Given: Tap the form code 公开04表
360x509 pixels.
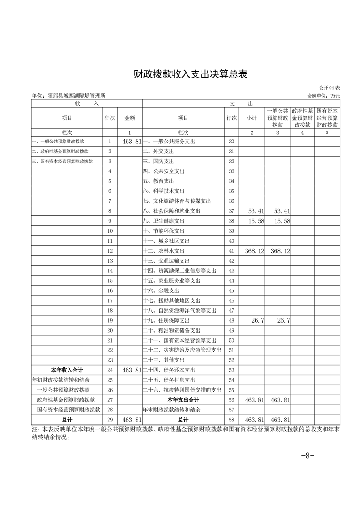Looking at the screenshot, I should (x=330, y=88).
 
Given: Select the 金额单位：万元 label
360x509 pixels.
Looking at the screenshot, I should (x=323, y=96).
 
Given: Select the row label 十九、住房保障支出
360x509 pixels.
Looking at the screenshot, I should (x=167, y=321).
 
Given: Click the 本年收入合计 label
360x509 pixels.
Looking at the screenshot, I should (x=67, y=370).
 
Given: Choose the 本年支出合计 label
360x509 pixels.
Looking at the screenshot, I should (x=183, y=400).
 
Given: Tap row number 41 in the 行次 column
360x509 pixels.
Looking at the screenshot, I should (x=232, y=251).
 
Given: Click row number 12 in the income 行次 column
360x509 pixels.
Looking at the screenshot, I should (x=109, y=251).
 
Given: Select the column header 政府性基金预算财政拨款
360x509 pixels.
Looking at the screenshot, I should (x=302, y=118).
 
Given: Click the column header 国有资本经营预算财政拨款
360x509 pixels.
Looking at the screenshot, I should (x=327, y=118).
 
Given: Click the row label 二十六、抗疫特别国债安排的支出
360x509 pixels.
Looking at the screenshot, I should (x=182, y=390).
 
